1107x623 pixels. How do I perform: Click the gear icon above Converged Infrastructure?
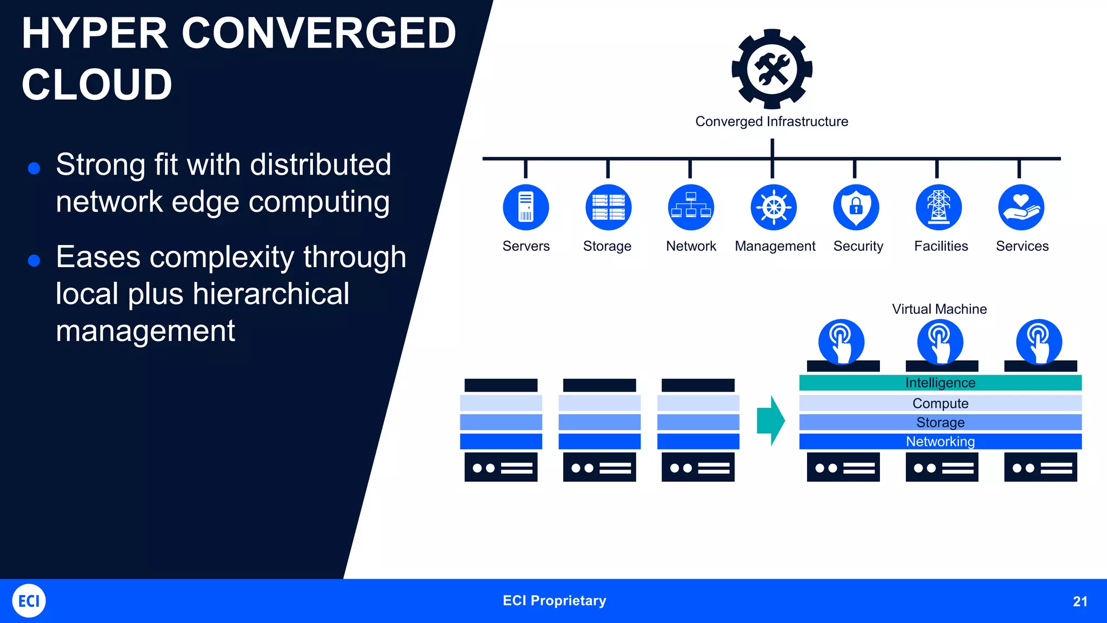[772, 69]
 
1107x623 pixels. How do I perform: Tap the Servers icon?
[526, 208]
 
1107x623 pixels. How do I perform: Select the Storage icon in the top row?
[608, 208]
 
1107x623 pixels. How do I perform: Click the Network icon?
[691, 208]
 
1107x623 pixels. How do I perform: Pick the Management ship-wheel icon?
[773, 208]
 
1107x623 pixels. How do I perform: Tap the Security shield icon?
[856, 208]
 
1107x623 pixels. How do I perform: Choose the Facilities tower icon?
[939, 208]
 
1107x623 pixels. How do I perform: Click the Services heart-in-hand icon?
[1021, 208]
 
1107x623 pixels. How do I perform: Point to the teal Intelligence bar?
[941, 383]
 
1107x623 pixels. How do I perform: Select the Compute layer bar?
[941, 403]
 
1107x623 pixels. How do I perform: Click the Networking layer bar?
[941, 441]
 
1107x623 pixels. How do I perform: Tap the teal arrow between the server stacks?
[771, 421]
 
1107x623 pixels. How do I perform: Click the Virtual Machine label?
[939, 309]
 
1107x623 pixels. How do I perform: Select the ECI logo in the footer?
[29, 601]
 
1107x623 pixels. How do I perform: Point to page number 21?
[1080, 601]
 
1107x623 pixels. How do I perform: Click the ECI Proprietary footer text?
[555, 601]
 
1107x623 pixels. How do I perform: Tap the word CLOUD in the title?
[97, 84]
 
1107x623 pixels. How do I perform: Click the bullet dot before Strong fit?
[34, 168]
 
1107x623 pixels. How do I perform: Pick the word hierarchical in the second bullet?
[271, 294]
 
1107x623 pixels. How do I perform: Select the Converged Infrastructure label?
[772, 122]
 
